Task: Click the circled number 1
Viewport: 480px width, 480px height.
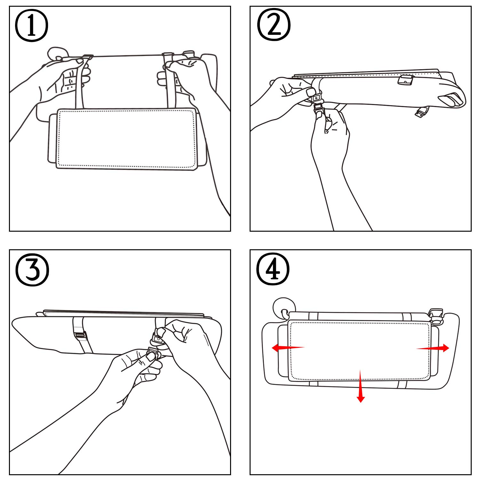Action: (x=32, y=26)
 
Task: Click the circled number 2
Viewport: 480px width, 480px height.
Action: (x=274, y=25)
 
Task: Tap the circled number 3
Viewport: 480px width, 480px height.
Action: (x=32, y=269)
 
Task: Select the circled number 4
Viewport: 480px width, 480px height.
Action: (x=273, y=269)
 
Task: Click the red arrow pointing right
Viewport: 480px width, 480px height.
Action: (x=433, y=348)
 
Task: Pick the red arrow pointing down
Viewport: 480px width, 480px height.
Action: (x=361, y=386)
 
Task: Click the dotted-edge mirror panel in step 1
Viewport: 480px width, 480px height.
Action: (x=126, y=139)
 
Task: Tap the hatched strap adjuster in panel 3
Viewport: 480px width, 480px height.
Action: (x=80, y=335)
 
